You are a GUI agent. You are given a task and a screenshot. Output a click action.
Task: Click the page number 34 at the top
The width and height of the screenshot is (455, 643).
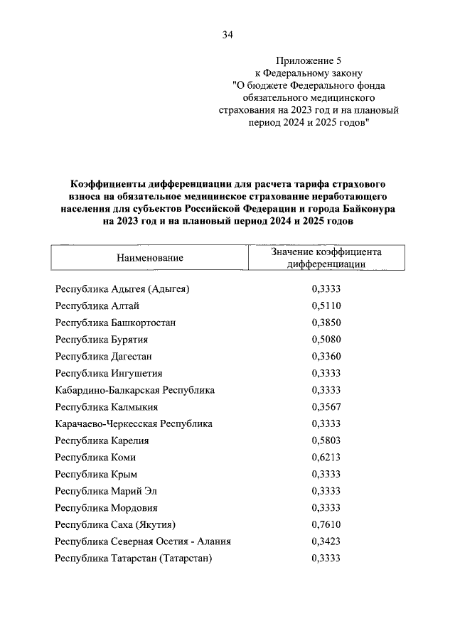[x=227, y=34]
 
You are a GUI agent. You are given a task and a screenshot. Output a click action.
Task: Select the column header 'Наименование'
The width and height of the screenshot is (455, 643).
[x=150, y=258]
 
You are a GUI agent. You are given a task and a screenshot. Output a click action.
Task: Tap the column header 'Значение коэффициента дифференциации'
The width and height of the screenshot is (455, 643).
[x=326, y=258]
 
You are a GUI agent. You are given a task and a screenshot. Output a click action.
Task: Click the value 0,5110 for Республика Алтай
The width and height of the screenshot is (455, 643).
[x=326, y=306]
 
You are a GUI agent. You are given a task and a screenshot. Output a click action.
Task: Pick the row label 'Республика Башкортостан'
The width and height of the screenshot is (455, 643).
[x=115, y=323]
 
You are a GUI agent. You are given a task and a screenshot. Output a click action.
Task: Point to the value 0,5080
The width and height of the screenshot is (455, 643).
[x=326, y=340]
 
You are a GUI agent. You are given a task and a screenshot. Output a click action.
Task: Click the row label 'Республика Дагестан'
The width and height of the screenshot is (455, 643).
[x=104, y=357]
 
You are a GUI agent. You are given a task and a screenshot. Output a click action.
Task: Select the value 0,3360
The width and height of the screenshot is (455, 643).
[x=326, y=357]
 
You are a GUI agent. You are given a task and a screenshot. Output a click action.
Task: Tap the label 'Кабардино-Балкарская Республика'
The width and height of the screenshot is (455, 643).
[x=134, y=390]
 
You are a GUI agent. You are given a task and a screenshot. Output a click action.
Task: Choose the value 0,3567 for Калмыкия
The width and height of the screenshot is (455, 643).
[x=326, y=407]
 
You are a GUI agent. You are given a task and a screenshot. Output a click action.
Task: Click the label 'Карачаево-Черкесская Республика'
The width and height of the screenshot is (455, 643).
[x=134, y=424]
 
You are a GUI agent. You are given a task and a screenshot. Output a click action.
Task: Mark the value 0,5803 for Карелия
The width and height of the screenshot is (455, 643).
[x=326, y=441]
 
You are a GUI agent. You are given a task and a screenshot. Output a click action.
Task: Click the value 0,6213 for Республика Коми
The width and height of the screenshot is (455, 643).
[x=326, y=458]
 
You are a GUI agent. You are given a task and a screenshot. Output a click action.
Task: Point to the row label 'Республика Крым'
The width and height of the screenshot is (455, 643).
[x=96, y=475]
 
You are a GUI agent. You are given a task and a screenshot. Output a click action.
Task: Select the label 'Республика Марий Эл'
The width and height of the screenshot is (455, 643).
[x=106, y=492]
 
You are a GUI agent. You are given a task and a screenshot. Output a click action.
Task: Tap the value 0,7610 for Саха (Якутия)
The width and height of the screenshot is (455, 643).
[x=326, y=525]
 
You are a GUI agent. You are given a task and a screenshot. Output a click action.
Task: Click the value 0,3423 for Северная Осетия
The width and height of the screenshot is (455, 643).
[x=326, y=542]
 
